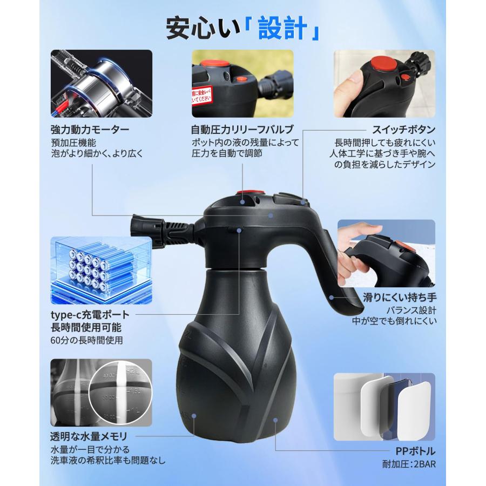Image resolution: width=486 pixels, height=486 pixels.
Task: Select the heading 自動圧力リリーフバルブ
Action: coord(242,130)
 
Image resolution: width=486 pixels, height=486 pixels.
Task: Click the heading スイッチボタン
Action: coord(403,130)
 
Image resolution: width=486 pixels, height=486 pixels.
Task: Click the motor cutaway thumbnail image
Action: coord(101,84)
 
